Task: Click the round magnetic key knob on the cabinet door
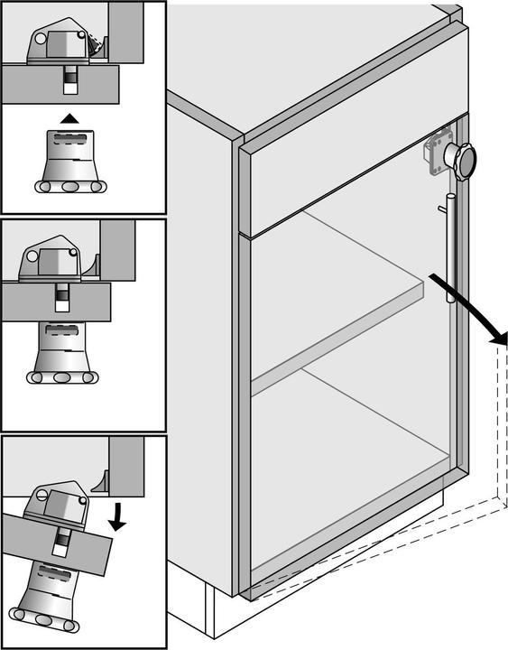pyautogui.click(x=465, y=162)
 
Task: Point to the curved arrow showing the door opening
pyautogui.click(x=469, y=311)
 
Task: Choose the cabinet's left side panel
pyautogui.click(x=199, y=361)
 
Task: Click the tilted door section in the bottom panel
pyautogui.click(x=54, y=543)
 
